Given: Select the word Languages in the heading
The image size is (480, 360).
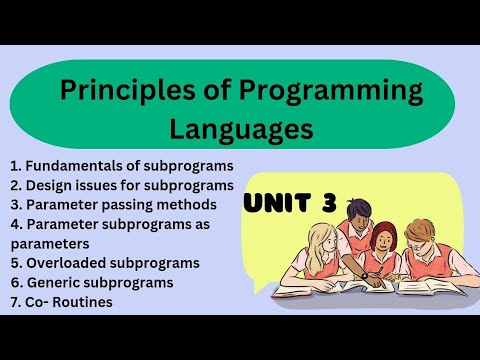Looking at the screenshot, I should pyautogui.click(x=240, y=129).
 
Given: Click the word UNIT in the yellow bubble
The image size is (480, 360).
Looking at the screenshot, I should pyautogui.click(x=282, y=204).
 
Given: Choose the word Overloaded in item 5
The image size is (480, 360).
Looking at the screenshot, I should pyautogui.click(x=66, y=263).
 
